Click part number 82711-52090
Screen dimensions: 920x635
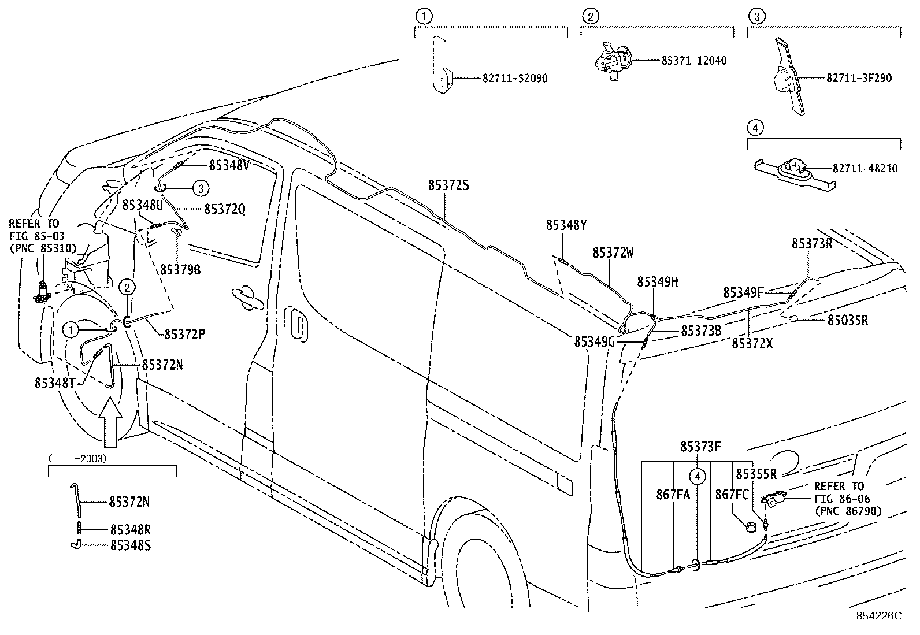515,79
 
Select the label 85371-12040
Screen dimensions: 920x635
693,61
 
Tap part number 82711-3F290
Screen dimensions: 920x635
859,78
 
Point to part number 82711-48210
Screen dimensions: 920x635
865,168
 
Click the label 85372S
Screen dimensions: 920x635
448,185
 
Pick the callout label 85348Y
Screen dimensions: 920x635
566,225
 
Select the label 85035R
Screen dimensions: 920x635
848,320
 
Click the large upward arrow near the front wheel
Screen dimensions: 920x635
110,421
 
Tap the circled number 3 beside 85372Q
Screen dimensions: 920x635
201,188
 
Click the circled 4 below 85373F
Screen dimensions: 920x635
697,477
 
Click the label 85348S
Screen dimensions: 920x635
131,545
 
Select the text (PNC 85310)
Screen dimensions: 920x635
43,248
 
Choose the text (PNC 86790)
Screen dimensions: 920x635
848,511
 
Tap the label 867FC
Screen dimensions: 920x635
732,495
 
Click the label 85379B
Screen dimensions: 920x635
180,270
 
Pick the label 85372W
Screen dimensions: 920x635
613,253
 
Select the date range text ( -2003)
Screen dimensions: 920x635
77,459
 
